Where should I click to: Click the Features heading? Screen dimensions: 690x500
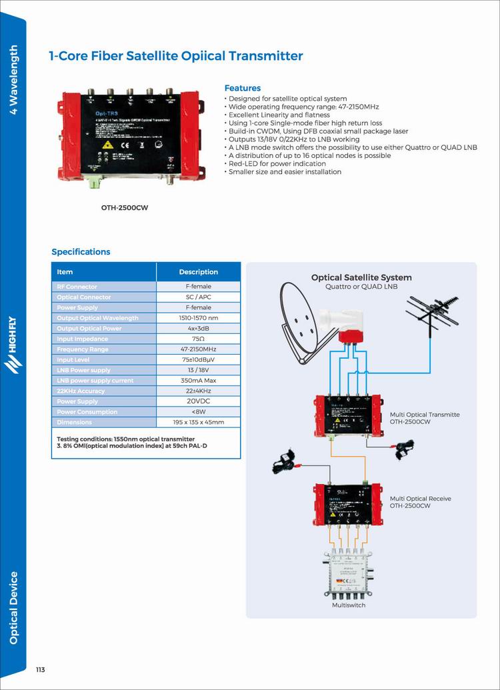pos(243,88)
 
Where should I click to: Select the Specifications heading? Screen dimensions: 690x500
pos(81,252)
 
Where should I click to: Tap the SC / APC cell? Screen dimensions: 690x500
pos(198,297)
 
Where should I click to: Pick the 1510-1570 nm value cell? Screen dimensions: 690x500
pos(198,318)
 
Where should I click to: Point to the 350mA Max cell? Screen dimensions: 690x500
pos(198,381)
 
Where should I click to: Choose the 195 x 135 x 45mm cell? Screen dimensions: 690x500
pos(198,422)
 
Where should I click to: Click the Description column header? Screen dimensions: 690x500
pos(198,272)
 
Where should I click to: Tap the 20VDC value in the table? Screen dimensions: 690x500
pos(198,401)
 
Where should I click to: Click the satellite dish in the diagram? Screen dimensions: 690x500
pos(303,317)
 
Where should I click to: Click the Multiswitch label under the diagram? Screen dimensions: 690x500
pos(349,605)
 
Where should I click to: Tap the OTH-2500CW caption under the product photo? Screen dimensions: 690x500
pos(125,207)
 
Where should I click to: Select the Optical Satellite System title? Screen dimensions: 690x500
pos(361,277)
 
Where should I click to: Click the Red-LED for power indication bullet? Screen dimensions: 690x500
pos(277,163)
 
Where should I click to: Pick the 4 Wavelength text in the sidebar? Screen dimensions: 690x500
pos(13,79)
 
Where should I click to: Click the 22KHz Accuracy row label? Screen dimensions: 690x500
pos(81,391)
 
